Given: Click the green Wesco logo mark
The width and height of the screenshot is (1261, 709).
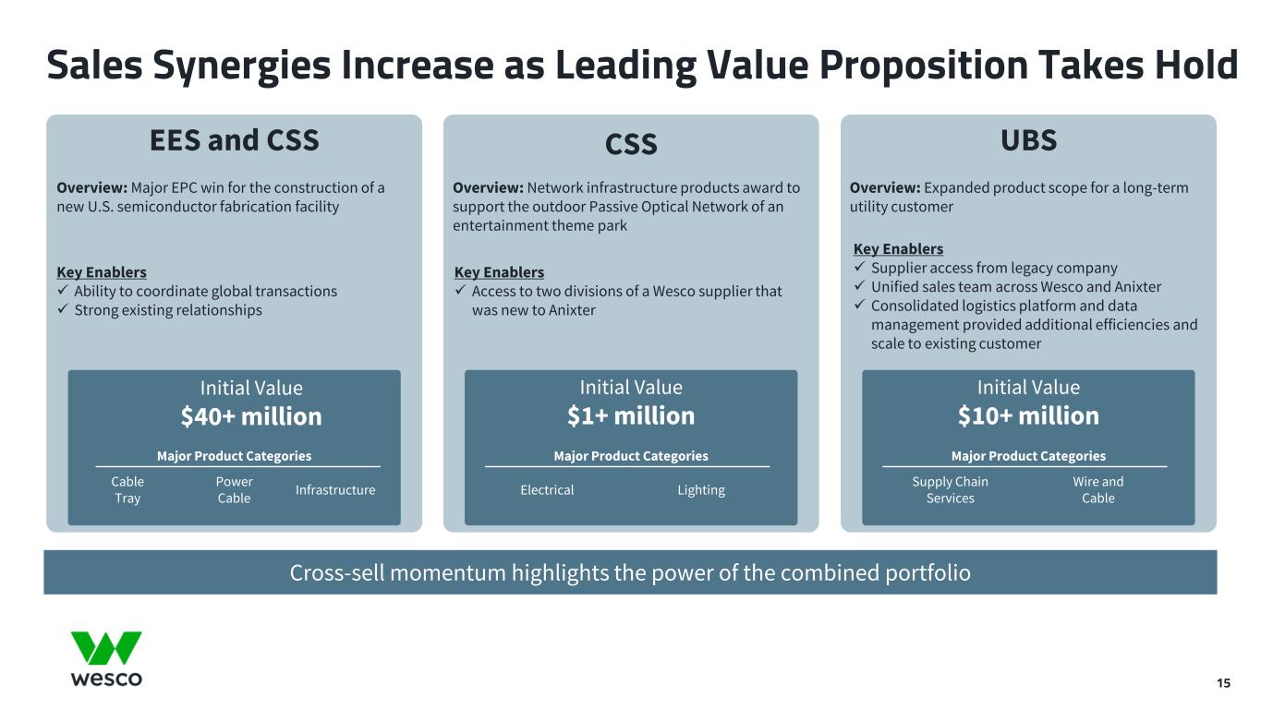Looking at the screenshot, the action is (x=106, y=648).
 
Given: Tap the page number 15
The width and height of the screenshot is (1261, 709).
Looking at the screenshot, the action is (x=1223, y=683).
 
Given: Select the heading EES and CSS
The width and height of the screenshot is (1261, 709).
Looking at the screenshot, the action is (x=235, y=140).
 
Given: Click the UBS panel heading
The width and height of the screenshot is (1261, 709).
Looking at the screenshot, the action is (x=1028, y=140).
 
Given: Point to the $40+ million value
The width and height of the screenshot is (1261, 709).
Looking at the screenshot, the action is (x=251, y=416).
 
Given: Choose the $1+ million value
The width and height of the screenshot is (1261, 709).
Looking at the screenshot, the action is (x=631, y=415).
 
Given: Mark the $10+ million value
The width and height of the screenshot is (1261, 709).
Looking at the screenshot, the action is (x=1028, y=415).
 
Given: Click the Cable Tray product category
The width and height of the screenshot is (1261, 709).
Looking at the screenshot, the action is (x=127, y=489).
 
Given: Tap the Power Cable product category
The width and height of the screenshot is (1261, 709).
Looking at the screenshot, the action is (x=235, y=489).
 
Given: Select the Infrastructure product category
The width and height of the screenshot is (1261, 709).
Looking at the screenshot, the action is (x=335, y=490).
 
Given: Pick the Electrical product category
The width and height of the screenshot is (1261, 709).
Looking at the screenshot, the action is (x=547, y=490).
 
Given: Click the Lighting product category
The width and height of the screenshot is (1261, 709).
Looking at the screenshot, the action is (x=701, y=491).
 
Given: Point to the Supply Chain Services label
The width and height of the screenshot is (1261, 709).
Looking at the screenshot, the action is (x=951, y=489).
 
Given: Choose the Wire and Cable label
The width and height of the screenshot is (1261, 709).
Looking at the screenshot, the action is (x=1098, y=489).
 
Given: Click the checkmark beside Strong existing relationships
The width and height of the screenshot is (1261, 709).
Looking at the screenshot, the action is (x=63, y=309).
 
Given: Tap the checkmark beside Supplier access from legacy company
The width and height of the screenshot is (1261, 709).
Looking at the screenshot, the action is (x=859, y=266).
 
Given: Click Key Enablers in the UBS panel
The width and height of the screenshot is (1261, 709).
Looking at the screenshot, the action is (x=899, y=249).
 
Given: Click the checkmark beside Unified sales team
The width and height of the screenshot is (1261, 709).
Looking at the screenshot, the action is (x=859, y=285).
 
